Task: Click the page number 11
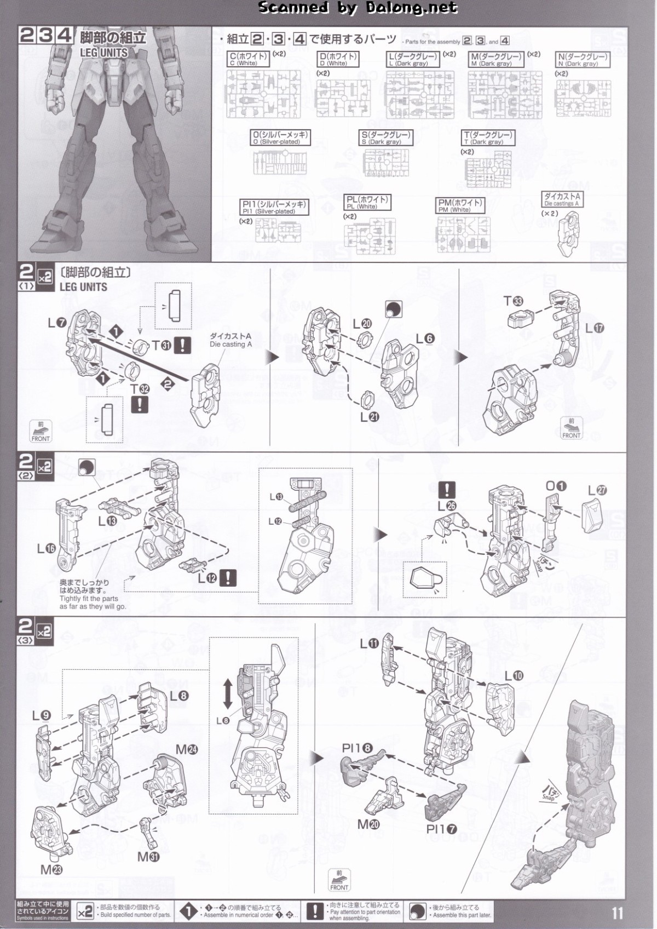[618, 913]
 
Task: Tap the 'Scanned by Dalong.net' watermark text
[358, 8]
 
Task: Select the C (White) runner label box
[249, 59]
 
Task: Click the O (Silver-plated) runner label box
[280, 137]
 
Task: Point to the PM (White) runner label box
[460, 205]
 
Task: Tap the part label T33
[513, 301]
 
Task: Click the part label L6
[424, 339]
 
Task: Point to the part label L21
[369, 417]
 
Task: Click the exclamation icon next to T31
[182, 345]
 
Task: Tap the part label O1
[555, 486]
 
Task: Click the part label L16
[46, 548]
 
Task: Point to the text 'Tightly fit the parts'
[89, 599]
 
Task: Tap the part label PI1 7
[441, 829]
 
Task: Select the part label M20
[368, 824]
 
